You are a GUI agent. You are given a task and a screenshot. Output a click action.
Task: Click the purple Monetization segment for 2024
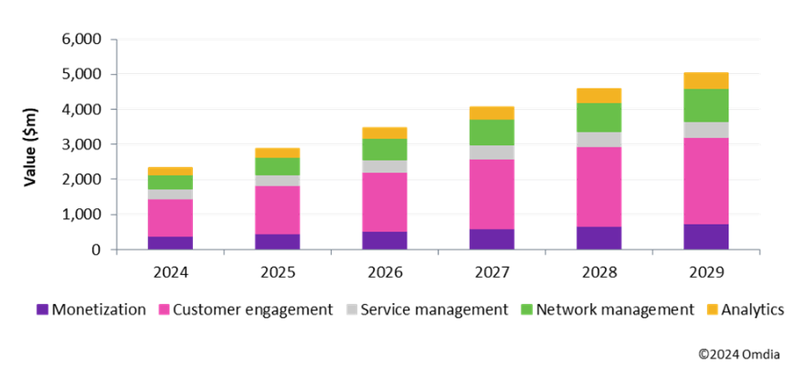click(x=170, y=243)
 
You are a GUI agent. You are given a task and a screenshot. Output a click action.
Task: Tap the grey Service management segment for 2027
click(x=491, y=152)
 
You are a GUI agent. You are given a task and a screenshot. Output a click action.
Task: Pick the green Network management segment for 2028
click(x=598, y=117)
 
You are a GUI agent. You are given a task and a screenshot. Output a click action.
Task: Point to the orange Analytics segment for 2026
click(x=384, y=133)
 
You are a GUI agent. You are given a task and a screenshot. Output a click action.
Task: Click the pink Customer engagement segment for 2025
click(x=277, y=210)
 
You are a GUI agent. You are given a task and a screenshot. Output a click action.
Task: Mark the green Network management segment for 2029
click(x=705, y=105)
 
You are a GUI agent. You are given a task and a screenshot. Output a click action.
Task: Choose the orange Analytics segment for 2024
click(x=170, y=170)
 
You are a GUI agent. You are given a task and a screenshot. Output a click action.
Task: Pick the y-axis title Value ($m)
click(x=30, y=144)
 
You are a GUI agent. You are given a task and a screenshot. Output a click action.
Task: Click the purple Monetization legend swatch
click(x=41, y=310)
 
